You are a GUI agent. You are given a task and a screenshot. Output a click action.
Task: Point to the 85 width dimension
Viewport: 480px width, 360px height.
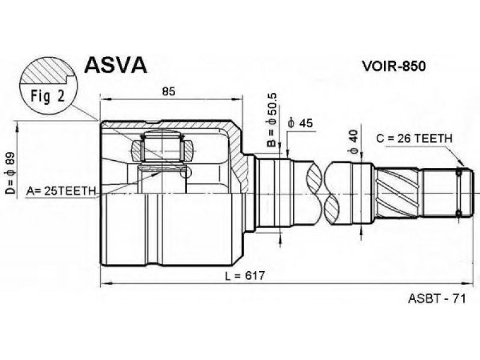[169, 92]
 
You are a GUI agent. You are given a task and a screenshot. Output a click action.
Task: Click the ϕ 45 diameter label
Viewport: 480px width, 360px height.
[301, 123]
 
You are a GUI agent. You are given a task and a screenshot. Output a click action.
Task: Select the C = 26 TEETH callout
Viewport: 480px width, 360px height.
[414, 139]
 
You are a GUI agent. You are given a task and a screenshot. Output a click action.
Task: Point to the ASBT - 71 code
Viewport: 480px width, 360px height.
[436, 298]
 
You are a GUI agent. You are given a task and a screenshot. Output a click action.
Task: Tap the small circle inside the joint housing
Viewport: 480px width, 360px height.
[186, 173]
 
